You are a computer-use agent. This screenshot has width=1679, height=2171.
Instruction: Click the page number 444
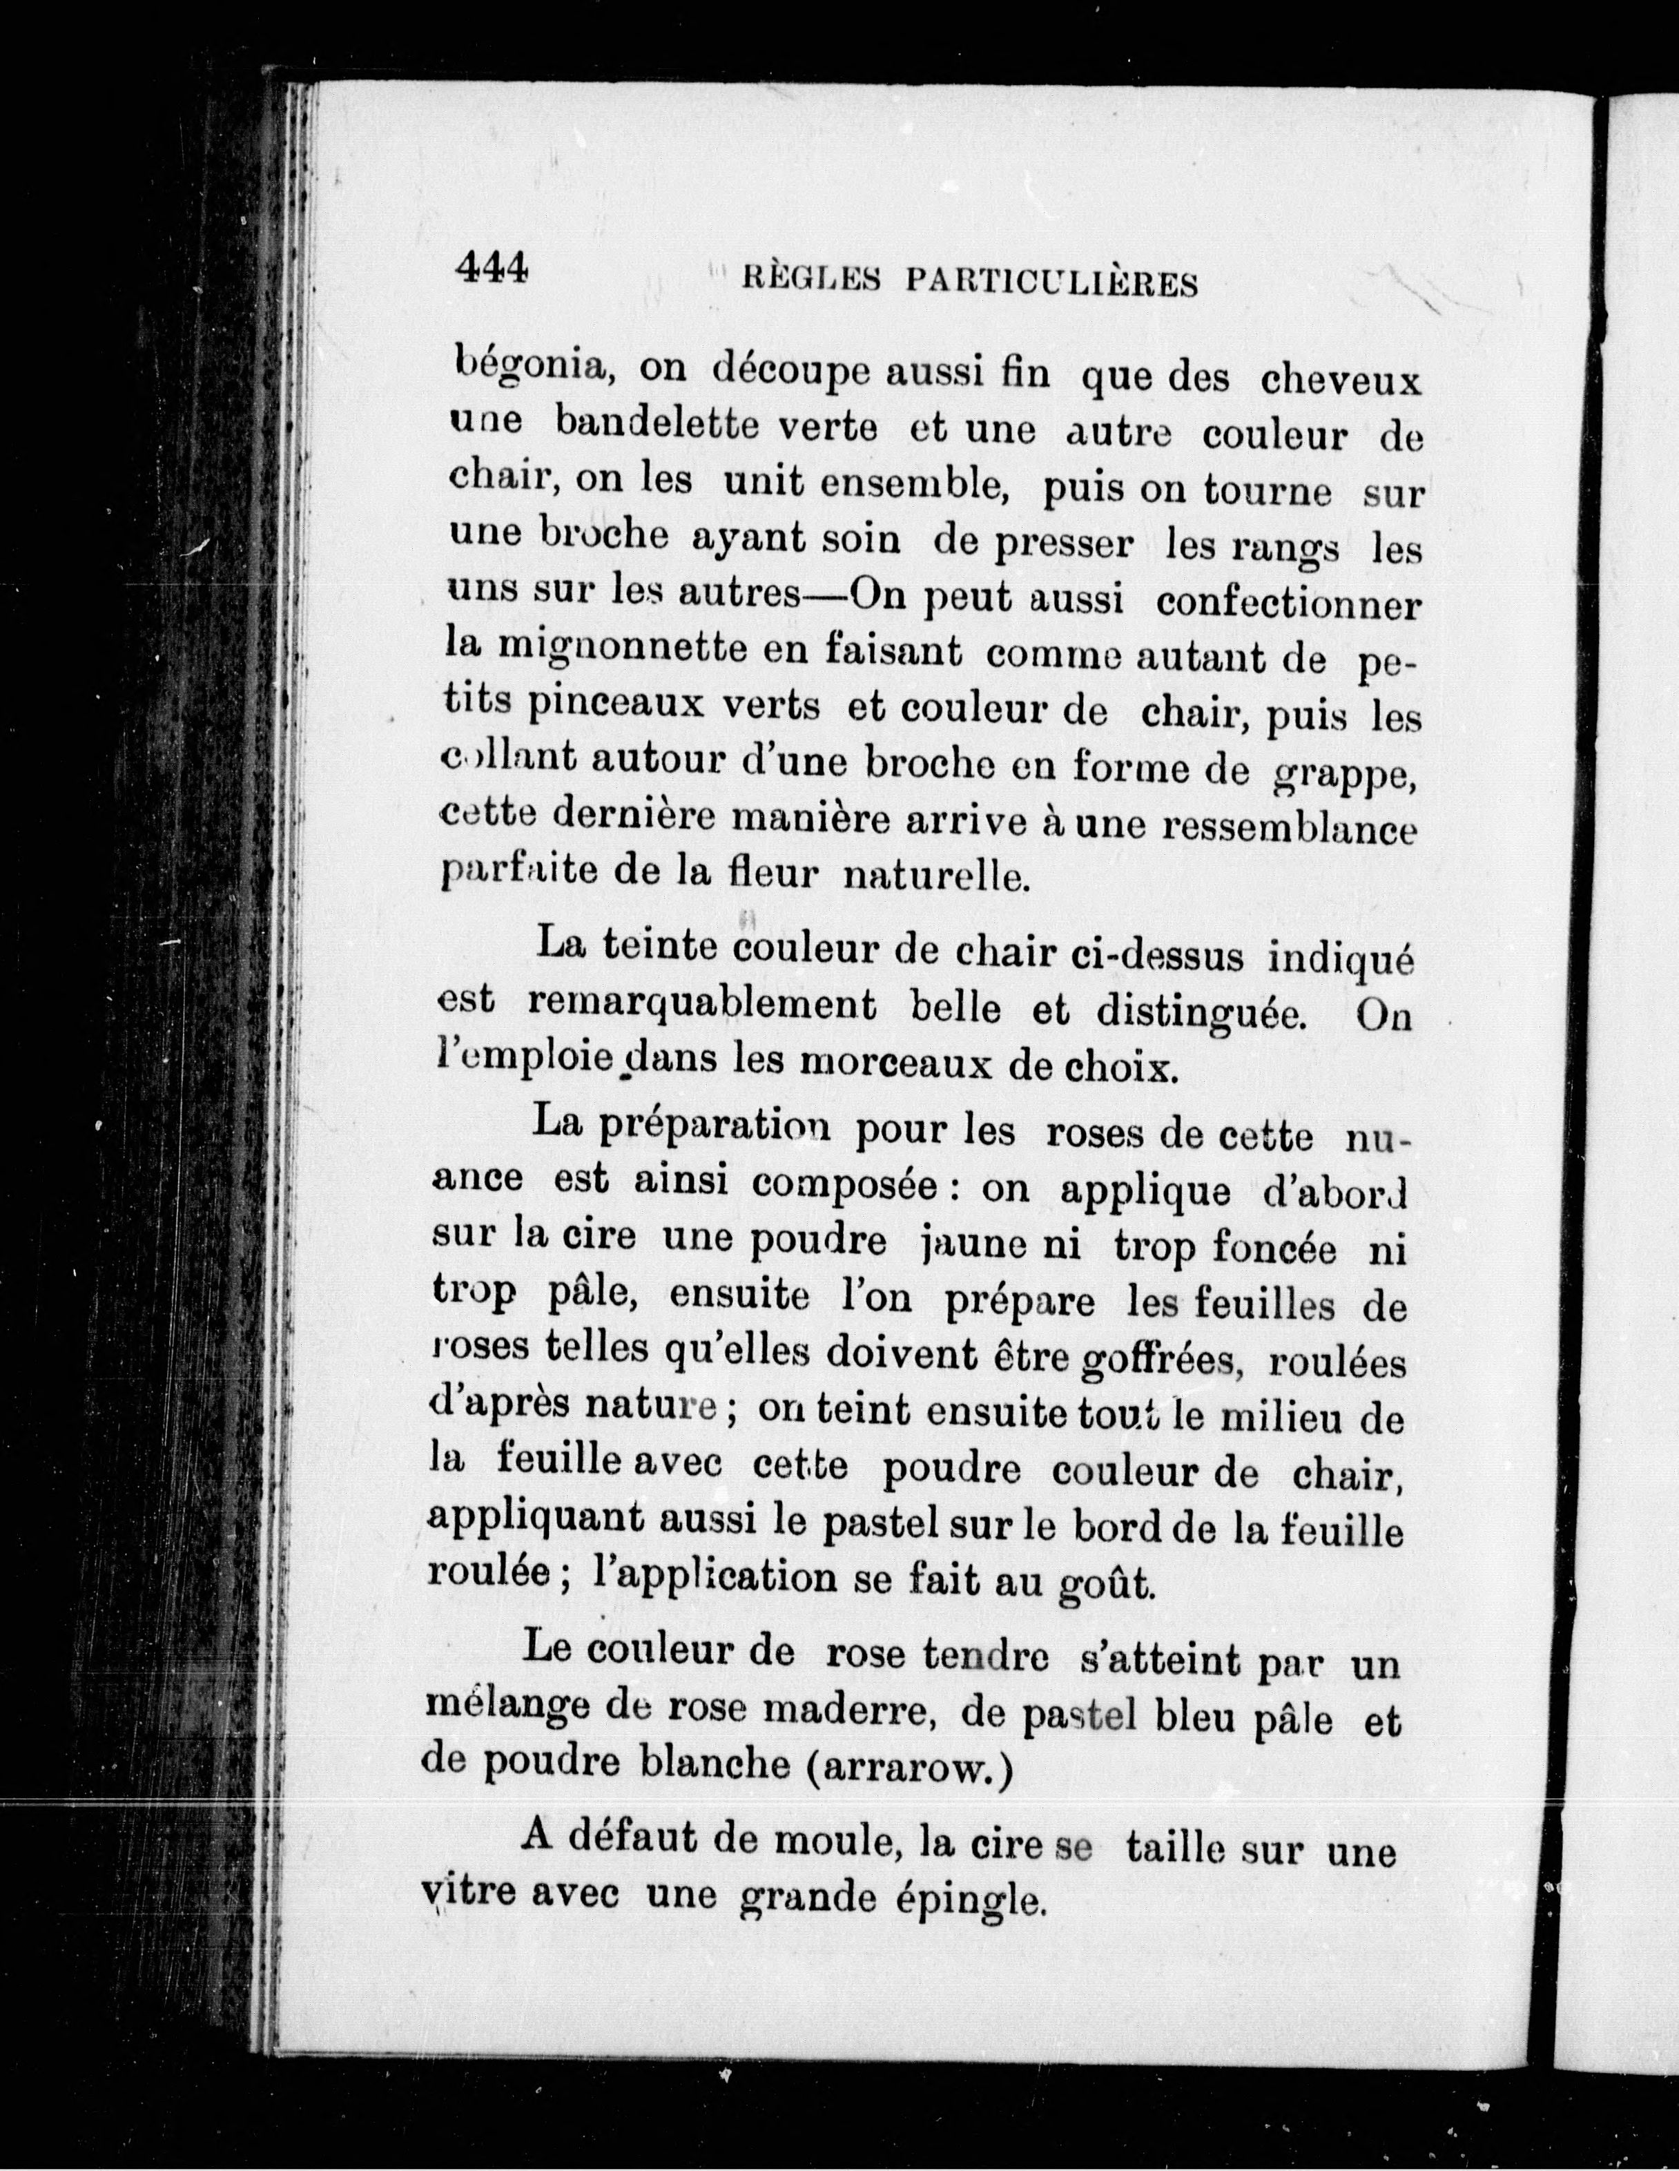point(490,267)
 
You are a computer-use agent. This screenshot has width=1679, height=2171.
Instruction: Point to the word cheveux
point(1341,380)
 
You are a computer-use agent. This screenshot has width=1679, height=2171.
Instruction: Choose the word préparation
point(732,1129)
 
